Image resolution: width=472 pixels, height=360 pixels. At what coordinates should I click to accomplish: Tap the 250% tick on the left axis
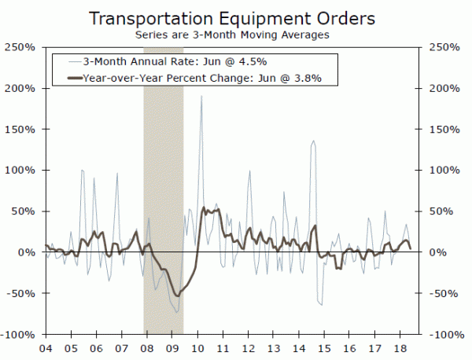pos(19,47)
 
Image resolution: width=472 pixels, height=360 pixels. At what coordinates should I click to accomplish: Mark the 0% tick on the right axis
pos(435,252)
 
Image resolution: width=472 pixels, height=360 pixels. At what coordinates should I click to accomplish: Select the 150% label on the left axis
pos(19,129)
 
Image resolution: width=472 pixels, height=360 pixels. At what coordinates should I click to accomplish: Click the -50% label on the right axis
pos(441,293)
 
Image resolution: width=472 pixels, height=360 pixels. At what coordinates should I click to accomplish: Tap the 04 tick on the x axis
pos(45,347)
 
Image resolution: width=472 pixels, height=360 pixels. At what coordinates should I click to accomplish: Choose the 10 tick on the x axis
pos(199,347)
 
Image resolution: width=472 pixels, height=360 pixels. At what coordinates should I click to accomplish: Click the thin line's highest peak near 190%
pos(201,97)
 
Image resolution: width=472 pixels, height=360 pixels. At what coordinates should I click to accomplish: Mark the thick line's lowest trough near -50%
pos(177,296)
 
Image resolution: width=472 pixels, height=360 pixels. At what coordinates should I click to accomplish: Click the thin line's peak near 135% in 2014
pos(314,141)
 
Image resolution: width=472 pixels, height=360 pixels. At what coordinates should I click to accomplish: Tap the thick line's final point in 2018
pos(410,248)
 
